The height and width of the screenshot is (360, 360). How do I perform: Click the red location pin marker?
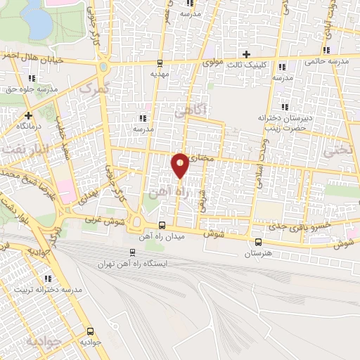[181, 165]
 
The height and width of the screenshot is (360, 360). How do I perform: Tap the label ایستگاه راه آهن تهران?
[158, 264]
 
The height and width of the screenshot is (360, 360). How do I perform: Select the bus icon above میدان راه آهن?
[162, 225]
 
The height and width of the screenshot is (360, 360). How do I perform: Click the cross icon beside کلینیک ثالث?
[245, 54]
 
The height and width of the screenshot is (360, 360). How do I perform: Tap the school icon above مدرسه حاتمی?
[327, 50]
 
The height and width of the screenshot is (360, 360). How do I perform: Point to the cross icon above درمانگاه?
[28, 115]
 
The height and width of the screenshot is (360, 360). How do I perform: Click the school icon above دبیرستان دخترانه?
[285, 106]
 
